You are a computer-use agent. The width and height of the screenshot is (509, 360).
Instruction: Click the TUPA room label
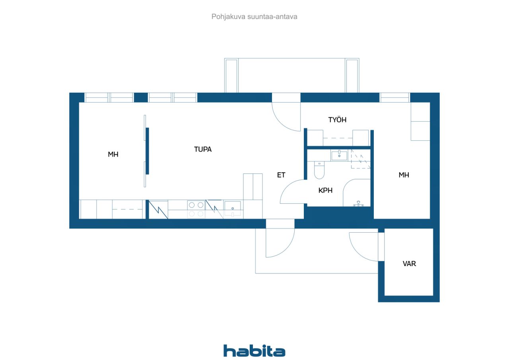coord(203,149)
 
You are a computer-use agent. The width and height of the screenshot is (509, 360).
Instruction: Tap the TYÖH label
coord(337,120)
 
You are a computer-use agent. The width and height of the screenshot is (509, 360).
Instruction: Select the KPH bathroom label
coord(325,190)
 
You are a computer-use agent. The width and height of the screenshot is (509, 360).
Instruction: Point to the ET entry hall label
coord(281,175)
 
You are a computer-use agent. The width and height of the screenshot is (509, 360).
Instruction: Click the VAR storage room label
coord(409,263)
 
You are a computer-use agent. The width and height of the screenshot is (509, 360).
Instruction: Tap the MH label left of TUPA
coord(113,154)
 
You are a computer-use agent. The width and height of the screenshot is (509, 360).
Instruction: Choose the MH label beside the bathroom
coord(404,175)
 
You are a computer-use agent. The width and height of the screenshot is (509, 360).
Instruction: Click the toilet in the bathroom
coord(319,170)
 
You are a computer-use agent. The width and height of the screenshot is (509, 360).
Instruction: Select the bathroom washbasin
coord(339,155)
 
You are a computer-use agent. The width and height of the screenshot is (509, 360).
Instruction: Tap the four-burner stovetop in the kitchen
coord(196,209)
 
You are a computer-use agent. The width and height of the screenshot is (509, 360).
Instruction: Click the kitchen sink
coord(233,208)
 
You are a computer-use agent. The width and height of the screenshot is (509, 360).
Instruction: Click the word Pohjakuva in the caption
coord(228,17)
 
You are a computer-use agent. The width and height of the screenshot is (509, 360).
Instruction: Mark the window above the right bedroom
coord(395,98)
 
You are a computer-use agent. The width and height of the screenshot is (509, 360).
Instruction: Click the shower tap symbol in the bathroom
coord(358,203)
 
